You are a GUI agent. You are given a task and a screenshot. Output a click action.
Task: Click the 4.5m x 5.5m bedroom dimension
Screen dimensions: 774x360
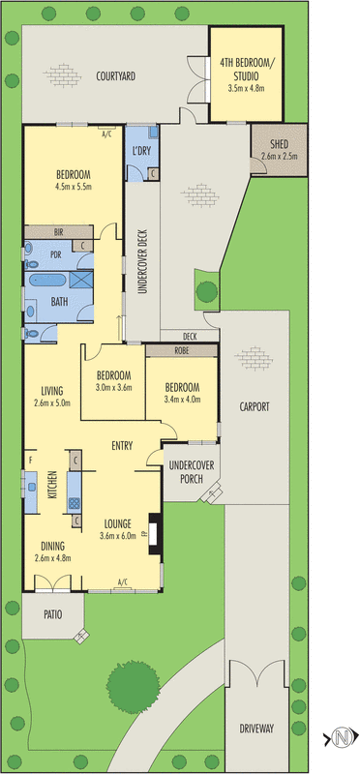tap(73, 187)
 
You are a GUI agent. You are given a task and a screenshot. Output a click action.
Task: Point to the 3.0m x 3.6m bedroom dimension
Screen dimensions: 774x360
tap(112, 387)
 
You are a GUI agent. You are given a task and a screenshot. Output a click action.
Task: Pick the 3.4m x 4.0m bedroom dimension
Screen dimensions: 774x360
tap(181, 398)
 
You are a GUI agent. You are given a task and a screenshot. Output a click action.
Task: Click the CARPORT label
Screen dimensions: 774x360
tap(254, 406)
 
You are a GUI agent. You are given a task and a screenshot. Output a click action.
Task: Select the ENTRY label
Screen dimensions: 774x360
tap(121, 445)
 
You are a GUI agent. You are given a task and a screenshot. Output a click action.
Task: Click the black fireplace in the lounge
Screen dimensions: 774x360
tap(151, 534)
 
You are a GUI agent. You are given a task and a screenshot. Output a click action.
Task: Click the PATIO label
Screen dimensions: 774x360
tap(51, 613)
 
